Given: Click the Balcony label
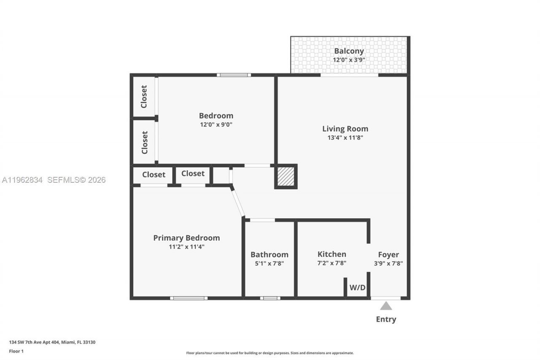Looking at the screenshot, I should tap(349, 51).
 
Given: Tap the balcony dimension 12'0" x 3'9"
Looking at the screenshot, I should tap(349, 60).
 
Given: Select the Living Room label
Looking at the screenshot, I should tap(345, 129).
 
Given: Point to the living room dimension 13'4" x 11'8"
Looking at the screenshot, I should tap(345, 138).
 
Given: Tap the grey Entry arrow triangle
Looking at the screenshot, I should tap(386, 306).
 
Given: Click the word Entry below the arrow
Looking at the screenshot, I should tap(386, 319).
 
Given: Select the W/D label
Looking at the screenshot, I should tap(357, 288).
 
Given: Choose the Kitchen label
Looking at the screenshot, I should tap(332, 254).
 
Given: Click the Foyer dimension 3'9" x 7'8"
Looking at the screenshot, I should tap(388, 263).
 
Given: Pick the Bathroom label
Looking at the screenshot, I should tap(269, 254).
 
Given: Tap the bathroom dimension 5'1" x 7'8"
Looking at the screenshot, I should tap(269, 263).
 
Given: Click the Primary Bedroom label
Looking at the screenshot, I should tap(186, 238).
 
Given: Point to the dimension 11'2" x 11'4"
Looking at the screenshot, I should tap(186, 247).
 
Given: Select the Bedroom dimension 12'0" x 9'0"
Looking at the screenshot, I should tap(216, 125).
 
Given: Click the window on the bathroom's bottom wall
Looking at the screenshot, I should tap(270, 298).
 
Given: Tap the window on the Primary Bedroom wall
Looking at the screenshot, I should tap(189, 298).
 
